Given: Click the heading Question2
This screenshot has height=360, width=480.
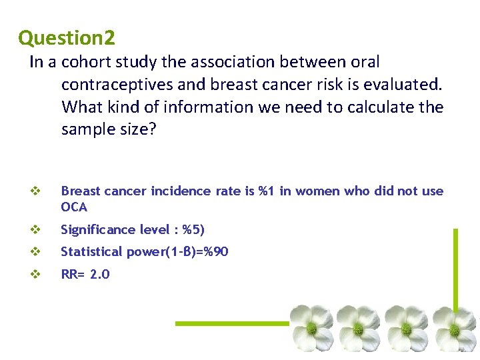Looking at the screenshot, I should (67, 37).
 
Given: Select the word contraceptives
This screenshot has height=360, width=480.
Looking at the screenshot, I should (133, 85).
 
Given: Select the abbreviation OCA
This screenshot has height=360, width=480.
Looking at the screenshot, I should (74, 207).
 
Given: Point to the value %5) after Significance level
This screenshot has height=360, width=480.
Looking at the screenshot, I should (193, 230).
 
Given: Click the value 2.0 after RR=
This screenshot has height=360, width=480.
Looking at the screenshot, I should (99, 274).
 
